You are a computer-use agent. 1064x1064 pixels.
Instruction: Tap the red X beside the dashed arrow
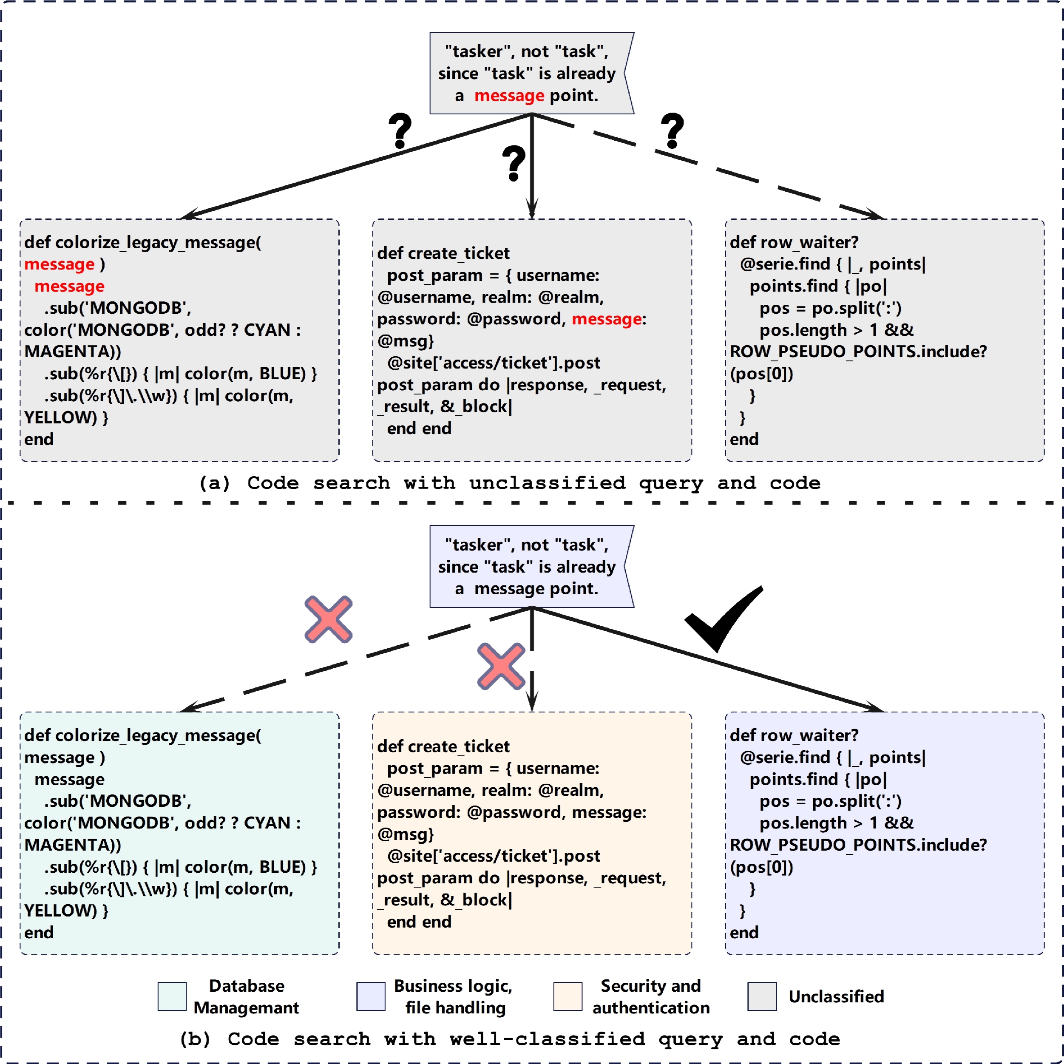pyautogui.click(x=328, y=619)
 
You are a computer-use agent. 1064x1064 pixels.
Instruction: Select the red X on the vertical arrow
pyautogui.click(x=501, y=666)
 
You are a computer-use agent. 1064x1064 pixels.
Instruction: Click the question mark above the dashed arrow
pyautogui.click(x=672, y=131)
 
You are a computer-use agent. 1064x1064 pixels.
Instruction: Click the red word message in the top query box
pyautogui.click(x=509, y=96)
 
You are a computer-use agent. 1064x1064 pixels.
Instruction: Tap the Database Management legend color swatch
pyautogui.click(x=172, y=996)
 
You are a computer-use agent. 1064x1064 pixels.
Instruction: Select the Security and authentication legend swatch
pyautogui.click(x=568, y=996)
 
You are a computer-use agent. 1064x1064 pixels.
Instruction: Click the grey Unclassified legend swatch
pyautogui.click(x=762, y=996)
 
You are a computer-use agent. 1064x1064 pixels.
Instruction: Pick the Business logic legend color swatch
pyautogui.click(x=371, y=996)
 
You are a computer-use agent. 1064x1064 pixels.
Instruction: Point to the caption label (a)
pyautogui.click(x=214, y=483)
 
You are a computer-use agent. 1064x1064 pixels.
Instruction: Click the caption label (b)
pyautogui.click(x=195, y=1039)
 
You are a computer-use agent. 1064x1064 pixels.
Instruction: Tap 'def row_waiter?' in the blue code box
pyautogui.click(x=794, y=735)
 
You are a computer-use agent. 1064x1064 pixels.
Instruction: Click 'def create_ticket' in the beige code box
pyautogui.click(x=443, y=746)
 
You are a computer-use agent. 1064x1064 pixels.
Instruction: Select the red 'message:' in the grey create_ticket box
pyautogui.click(x=609, y=319)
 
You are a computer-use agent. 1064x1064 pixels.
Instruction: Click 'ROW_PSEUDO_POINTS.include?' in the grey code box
pyautogui.click(x=858, y=352)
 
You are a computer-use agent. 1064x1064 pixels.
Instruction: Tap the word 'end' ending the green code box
pyautogui.click(x=39, y=932)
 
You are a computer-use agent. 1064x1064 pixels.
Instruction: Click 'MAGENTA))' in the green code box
pyautogui.click(x=73, y=845)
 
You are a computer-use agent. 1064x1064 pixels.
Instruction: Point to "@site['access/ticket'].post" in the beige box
pyautogui.click(x=494, y=856)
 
